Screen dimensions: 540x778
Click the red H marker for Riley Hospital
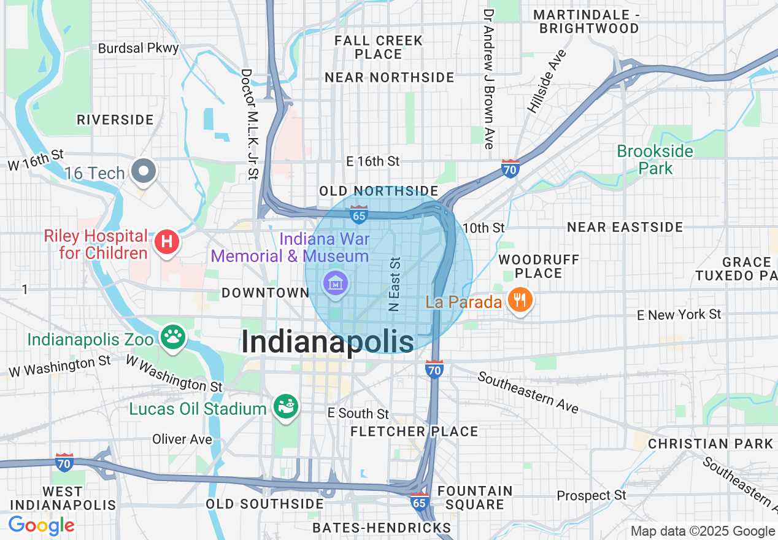coord(166,242)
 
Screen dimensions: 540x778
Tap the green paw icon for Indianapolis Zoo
coord(173,336)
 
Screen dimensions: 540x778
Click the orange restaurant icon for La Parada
coord(520,300)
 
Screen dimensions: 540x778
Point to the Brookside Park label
coord(655,160)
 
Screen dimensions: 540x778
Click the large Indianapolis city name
coord(328,341)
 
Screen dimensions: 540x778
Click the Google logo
coord(41,525)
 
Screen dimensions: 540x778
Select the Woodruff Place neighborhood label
coord(530,266)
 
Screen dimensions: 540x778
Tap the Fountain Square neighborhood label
coord(475,498)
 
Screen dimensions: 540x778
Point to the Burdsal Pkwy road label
coord(139,48)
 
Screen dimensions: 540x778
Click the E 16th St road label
coord(373,161)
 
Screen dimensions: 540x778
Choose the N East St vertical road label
coord(395,284)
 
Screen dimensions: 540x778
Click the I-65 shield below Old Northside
coord(359,215)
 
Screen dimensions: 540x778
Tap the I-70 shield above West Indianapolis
coord(64,462)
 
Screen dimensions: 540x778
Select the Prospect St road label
coord(591,495)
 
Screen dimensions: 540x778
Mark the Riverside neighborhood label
coord(115,120)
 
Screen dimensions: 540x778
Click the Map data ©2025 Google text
coord(703,531)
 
